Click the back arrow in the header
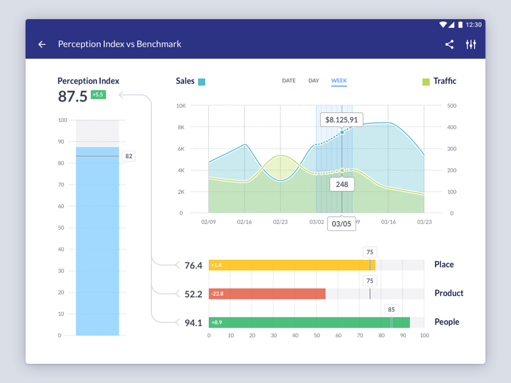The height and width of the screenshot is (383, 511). click(x=42, y=45)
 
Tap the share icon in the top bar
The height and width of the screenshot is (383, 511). click(x=450, y=45)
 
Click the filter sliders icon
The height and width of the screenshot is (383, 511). click(x=471, y=45)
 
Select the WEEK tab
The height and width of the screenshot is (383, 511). click(x=339, y=81)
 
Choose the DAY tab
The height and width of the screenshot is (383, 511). click(x=314, y=81)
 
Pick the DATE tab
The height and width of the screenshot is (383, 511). click(x=289, y=81)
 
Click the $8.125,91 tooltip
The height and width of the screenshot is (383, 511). click(x=341, y=119)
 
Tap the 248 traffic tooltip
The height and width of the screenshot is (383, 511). click(x=342, y=184)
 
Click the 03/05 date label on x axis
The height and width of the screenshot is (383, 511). click(x=342, y=223)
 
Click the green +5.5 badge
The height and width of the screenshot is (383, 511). click(x=98, y=95)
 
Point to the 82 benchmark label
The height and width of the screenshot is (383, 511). click(x=128, y=156)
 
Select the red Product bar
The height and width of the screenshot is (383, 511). click(x=267, y=294)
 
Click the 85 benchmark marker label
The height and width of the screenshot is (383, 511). click(x=392, y=310)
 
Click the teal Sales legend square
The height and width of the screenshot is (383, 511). click(x=202, y=82)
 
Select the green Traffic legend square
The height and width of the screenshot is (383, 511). click(x=426, y=82)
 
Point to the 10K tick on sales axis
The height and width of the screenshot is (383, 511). click(x=181, y=106)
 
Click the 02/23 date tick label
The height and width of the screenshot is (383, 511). click(x=280, y=222)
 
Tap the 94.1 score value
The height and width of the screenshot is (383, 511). click(x=193, y=323)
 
